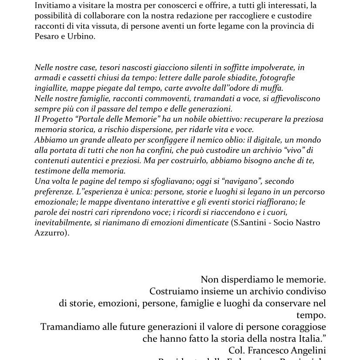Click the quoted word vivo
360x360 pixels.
291,150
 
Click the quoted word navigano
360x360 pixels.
241,181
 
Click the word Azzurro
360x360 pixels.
50,233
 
